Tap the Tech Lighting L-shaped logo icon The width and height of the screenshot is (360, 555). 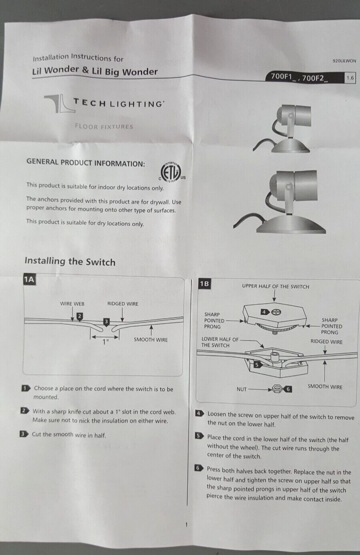(x=60, y=104)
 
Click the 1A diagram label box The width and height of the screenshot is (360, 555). (x=29, y=279)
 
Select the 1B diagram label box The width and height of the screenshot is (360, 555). (x=204, y=284)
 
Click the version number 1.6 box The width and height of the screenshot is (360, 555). (x=350, y=78)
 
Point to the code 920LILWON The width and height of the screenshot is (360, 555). (x=344, y=61)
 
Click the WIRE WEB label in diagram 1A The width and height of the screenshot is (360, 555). (x=72, y=304)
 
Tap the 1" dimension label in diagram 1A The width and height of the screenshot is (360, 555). (x=106, y=342)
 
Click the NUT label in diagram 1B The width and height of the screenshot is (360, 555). (x=242, y=389)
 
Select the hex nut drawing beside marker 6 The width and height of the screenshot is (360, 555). (x=276, y=389)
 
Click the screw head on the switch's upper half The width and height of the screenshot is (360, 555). (x=276, y=312)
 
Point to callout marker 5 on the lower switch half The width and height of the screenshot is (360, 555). (x=257, y=365)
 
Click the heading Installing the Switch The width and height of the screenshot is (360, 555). (x=70, y=261)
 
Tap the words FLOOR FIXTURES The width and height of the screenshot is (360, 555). (x=104, y=126)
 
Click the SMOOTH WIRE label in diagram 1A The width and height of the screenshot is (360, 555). (x=151, y=339)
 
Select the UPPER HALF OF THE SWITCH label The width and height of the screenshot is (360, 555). (x=276, y=286)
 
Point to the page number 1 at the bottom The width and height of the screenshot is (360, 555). (x=186, y=525)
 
